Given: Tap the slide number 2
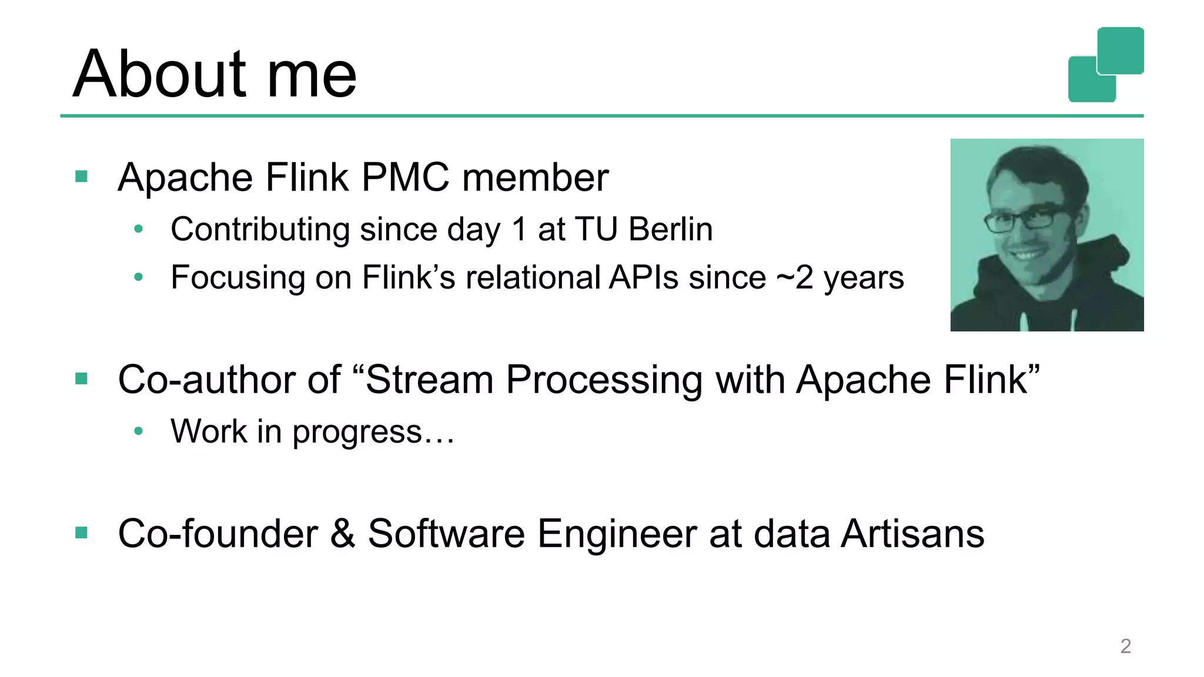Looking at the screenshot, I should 1125,646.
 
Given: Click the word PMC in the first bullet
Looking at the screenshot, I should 405,177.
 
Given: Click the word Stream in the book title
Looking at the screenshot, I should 429,380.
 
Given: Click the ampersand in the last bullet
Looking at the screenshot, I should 343,534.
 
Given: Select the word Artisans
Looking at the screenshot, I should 912,534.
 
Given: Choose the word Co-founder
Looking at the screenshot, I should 218,534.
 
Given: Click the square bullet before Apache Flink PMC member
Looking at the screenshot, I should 82,176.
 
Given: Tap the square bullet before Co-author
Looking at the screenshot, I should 82,378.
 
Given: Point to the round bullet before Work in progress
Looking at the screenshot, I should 139,431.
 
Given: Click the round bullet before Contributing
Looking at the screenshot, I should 139,229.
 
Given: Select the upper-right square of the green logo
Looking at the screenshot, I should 1120,51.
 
